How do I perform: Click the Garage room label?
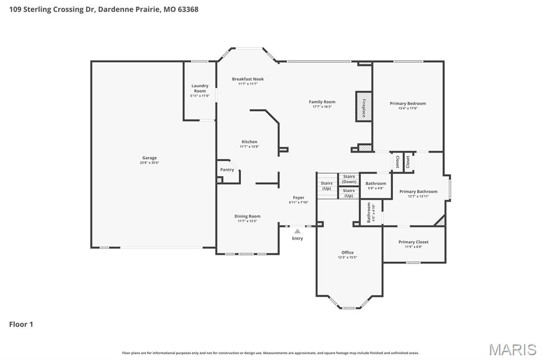(x=149, y=158)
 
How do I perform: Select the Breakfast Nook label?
(x=247, y=79)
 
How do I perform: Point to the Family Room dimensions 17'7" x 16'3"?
(x=322, y=107)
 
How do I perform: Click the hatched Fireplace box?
(x=363, y=107)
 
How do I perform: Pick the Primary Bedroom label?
(x=407, y=103)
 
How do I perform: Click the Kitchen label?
(x=249, y=141)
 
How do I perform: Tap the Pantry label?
(x=227, y=169)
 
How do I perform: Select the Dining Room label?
(x=247, y=216)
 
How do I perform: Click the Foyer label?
(x=299, y=197)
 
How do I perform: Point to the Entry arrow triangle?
(x=297, y=231)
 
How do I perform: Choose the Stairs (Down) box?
(x=349, y=179)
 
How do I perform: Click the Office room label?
(x=347, y=252)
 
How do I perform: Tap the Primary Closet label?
(x=413, y=242)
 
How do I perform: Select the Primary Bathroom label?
(x=418, y=192)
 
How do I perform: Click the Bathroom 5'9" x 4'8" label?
(x=376, y=184)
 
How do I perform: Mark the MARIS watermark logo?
(x=512, y=349)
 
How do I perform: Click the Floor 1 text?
(x=21, y=325)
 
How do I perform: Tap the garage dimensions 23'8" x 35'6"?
(x=149, y=163)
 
